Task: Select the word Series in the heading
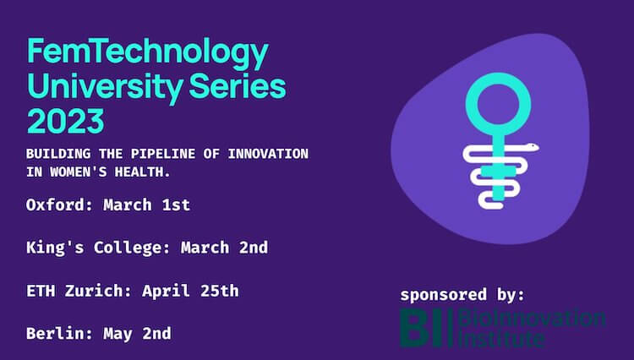click(x=238, y=86)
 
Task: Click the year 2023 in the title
click(x=66, y=120)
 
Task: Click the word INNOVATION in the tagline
click(x=268, y=154)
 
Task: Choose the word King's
click(x=55, y=248)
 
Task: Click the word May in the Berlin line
click(x=118, y=335)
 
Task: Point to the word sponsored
click(x=444, y=295)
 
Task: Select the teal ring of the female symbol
click(x=498, y=74)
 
